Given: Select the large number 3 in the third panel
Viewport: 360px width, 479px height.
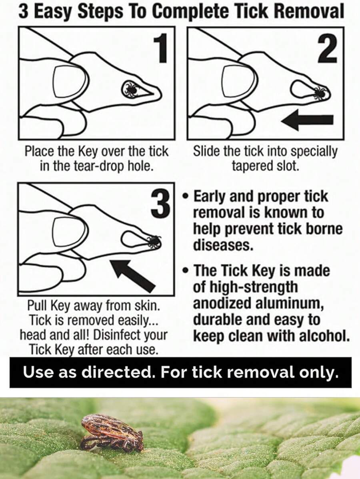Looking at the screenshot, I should point(161,203).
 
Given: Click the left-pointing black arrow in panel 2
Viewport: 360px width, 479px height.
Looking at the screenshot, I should point(307,120).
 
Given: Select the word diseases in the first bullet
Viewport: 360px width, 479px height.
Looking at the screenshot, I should point(223,245).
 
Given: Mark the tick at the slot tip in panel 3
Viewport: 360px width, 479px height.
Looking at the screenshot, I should point(153,241).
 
